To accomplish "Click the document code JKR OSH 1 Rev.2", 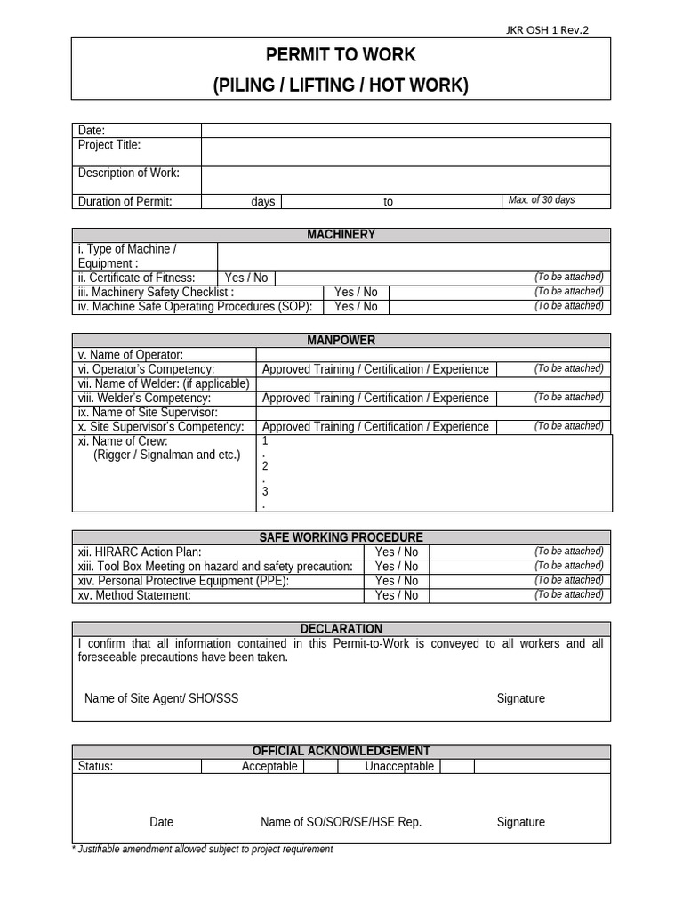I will [x=546, y=30].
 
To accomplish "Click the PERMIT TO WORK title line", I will [x=341, y=55].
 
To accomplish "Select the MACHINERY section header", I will [x=341, y=235].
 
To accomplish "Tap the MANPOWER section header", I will [x=341, y=341].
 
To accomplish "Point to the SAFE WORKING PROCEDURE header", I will [x=341, y=537].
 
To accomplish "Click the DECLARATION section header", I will [x=341, y=629].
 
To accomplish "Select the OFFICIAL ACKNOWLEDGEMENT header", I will [x=341, y=751].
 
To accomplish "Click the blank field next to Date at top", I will [x=406, y=131].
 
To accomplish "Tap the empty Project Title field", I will [x=406, y=151].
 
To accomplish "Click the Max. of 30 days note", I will [x=541, y=200].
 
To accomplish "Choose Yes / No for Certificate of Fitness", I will [x=246, y=278].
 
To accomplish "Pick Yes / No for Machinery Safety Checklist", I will [x=356, y=292].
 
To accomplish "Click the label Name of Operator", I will [x=131, y=355].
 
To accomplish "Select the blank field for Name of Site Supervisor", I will [x=433, y=413].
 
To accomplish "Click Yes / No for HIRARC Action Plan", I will [x=397, y=552].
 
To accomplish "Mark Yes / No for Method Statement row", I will [x=397, y=595].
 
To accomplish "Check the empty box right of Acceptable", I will [x=321, y=766].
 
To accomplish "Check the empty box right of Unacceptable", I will [x=457, y=766].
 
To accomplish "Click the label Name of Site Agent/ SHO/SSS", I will [x=161, y=698].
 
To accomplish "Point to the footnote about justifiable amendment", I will [x=202, y=850].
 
